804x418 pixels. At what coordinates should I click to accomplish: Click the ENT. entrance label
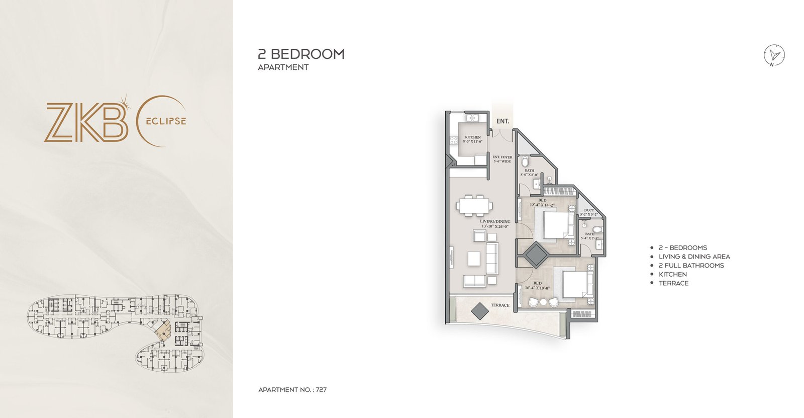pyautogui.click(x=502, y=121)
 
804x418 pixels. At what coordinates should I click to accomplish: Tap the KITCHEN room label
pyautogui.click(x=472, y=137)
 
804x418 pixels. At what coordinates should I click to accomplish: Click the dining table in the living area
pyautogui.click(x=474, y=205)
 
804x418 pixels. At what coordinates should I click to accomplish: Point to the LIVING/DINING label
pyautogui.click(x=495, y=221)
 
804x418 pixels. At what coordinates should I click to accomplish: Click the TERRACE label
pyautogui.click(x=500, y=305)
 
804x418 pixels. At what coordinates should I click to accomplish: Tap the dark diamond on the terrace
pyautogui.click(x=480, y=311)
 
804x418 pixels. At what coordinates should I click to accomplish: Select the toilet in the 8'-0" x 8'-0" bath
pyautogui.click(x=525, y=162)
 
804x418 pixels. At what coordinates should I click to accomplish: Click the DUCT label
pyautogui.click(x=589, y=210)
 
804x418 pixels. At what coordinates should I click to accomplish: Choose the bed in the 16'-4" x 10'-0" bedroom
pyautogui.click(x=573, y=284)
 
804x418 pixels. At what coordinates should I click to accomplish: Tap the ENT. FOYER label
pyautogui.click(x=502, y=157)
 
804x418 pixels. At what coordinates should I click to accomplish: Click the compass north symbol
pyautogui.click(x=774, y=55)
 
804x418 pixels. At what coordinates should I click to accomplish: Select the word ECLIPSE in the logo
pyautogui.click(x=166, y=121)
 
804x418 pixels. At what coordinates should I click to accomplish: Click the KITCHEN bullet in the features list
pyautogui.click(x=672, y=274)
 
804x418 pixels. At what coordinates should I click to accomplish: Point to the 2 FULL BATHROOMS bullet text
pyautogui.click(x=691, y=265)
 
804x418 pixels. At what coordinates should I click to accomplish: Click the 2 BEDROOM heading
pyautogui.click(x=301, y=54)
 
